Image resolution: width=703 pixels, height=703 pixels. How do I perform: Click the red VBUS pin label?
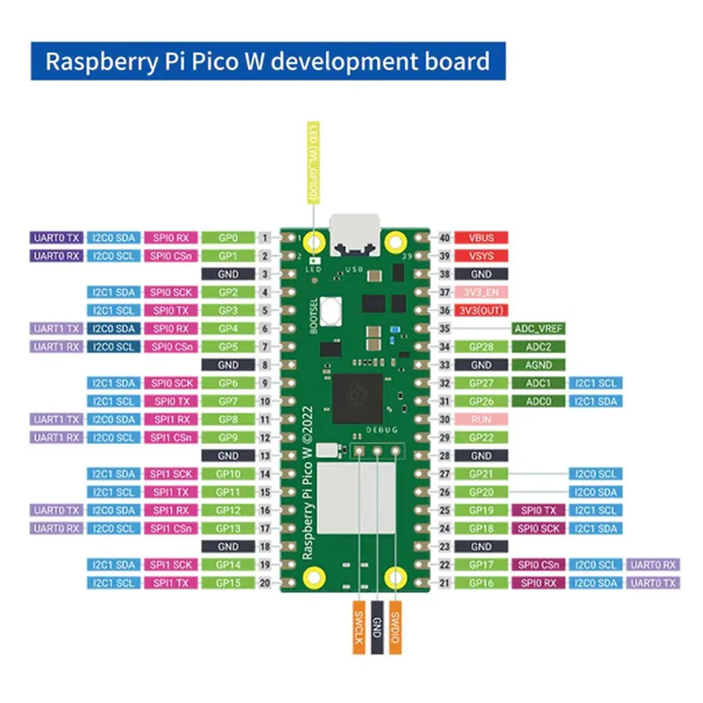click(482, 238)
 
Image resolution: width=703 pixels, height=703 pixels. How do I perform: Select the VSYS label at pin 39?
click(482, 256)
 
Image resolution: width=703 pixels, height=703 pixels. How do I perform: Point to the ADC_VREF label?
click(539, 329)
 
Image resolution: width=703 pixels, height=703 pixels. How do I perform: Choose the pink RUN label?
click(482, 419)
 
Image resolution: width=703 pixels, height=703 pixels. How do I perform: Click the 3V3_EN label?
click(482, 293)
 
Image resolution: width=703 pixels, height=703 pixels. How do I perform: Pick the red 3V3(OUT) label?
click(482, 310)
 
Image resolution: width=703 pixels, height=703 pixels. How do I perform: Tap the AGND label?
click(539, 365)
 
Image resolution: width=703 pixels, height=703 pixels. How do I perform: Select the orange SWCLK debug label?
click(359, 627)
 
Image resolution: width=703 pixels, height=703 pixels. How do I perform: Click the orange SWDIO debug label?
click(395, 627)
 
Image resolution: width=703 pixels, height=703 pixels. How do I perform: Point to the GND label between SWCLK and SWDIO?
click(377, 627)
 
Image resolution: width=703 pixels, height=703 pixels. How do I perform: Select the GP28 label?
click(482, 347)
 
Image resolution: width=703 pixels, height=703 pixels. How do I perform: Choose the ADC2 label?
click(539, 347)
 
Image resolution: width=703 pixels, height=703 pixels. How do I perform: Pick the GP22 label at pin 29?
click(482, 438)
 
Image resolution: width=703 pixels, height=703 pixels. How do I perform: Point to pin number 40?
click(445, 238)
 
